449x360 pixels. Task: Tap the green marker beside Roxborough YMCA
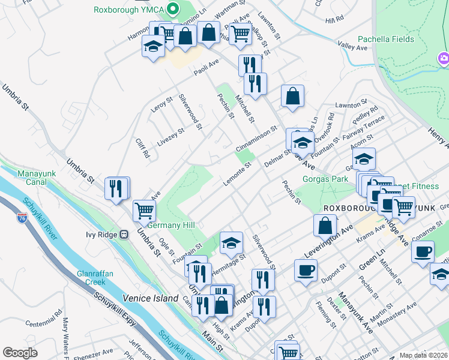[x=174, y=9]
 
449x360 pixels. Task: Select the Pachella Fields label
[x=386, y=40]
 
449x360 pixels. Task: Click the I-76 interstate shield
[x=22, y=218]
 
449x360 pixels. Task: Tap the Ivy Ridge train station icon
[x=124, y=234]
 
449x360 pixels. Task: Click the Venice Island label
[x=151, y=298]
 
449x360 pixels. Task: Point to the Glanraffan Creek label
[x=95, y=278]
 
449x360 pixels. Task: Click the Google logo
[x=20, y=353]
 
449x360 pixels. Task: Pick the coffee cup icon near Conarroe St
[x=423, y=251]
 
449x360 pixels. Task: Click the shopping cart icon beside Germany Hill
[x=144, y=211]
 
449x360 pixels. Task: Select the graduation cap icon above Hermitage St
[x=231, y=243]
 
